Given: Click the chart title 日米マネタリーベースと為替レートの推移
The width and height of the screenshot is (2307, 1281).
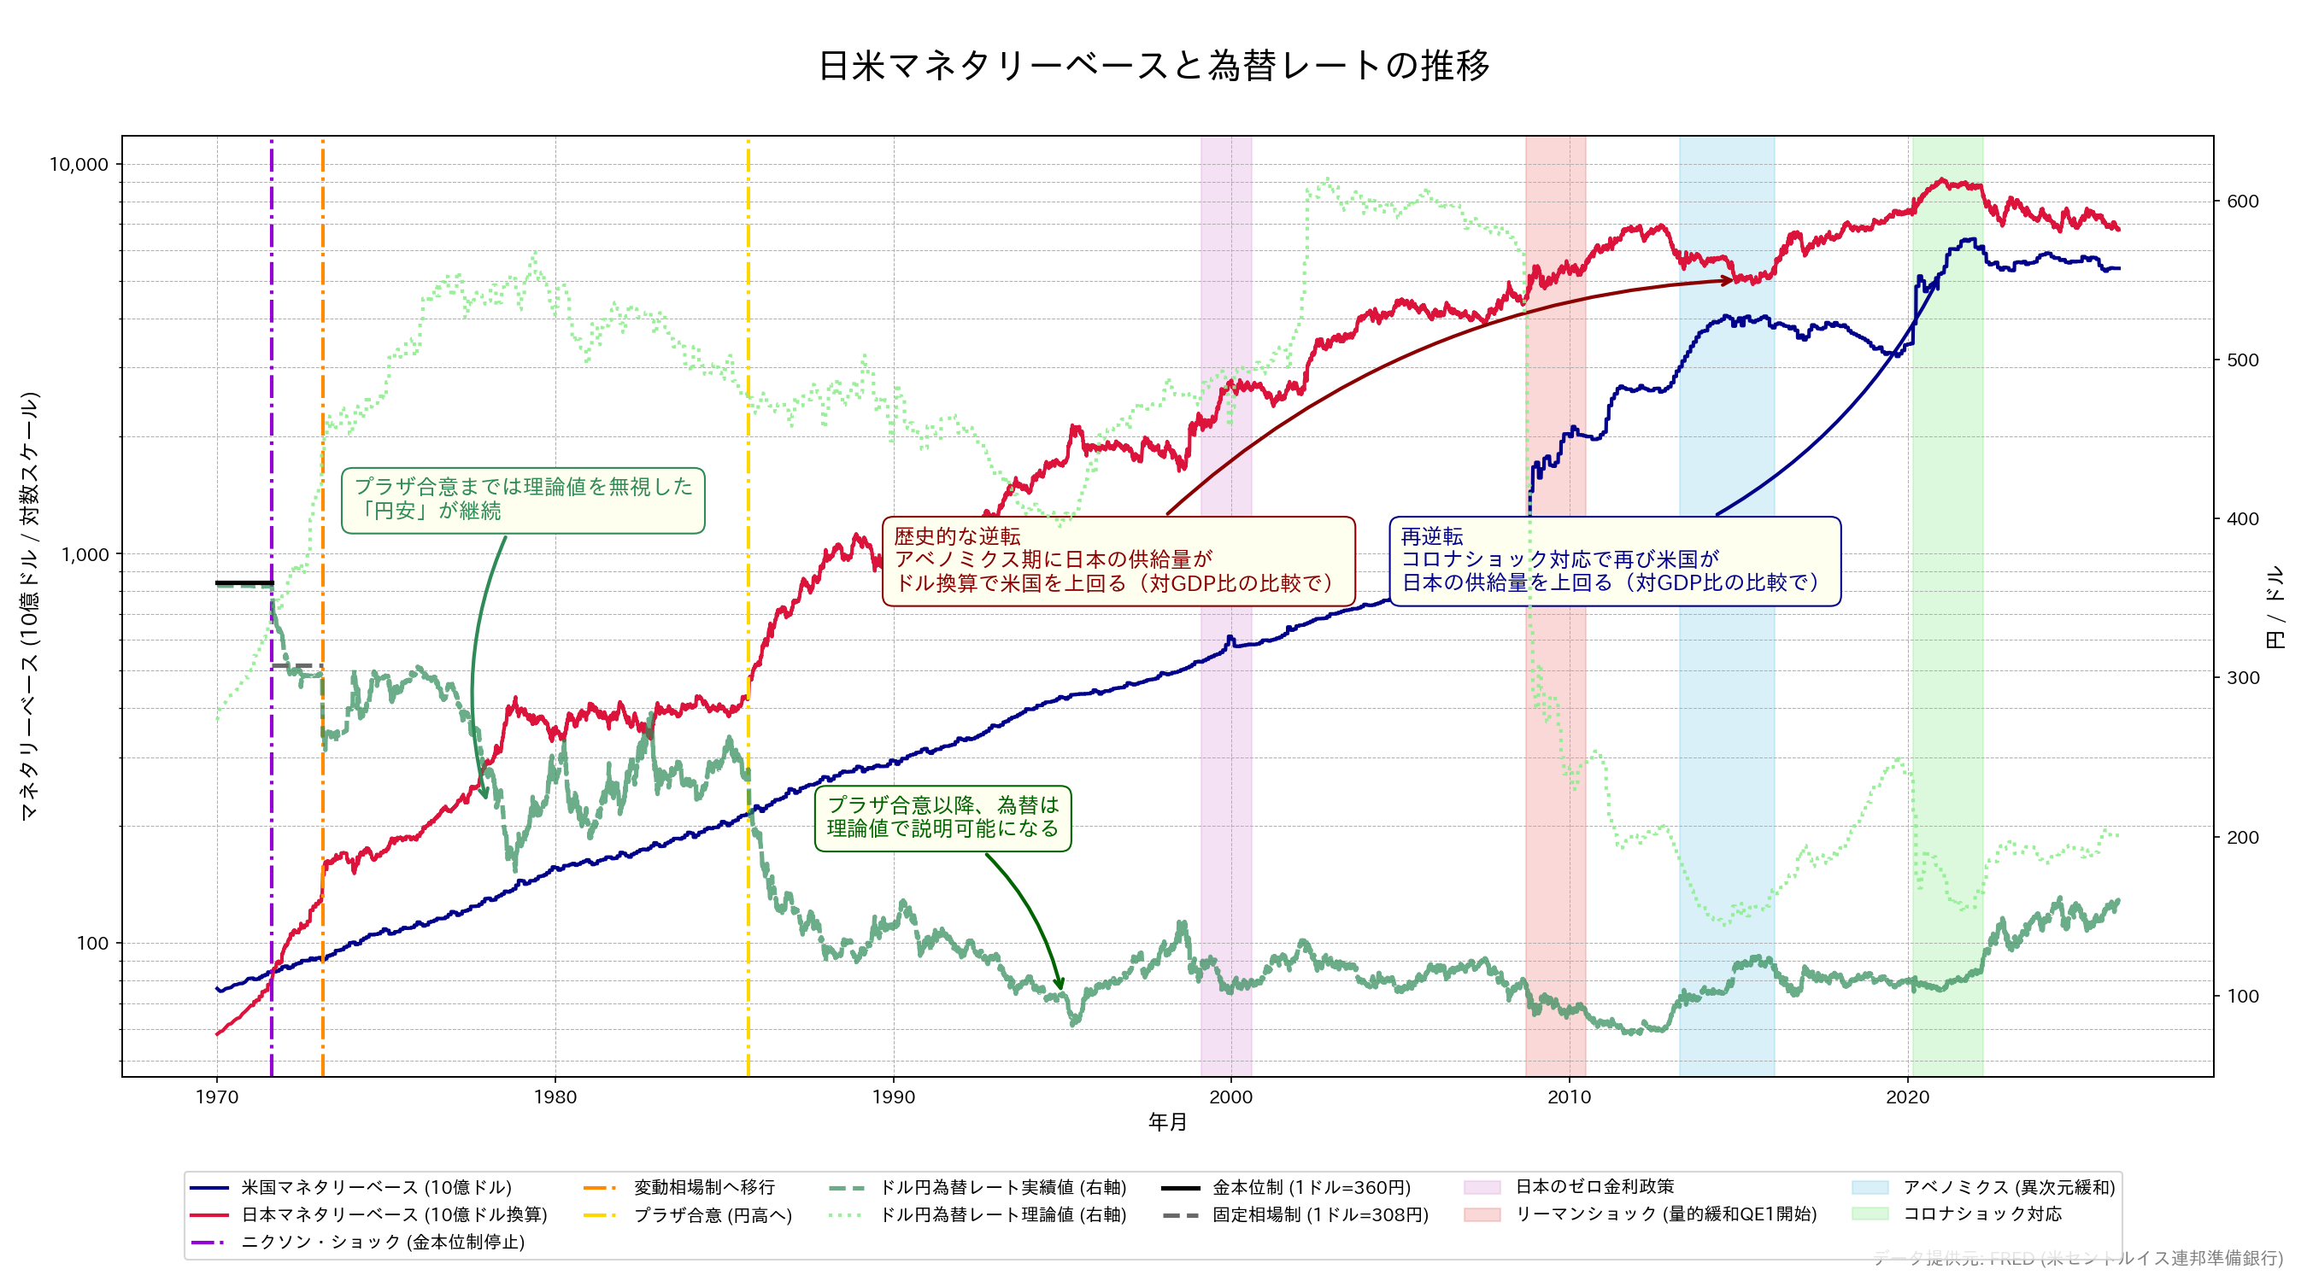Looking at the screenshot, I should pyautogui.click(x=1153, y=66).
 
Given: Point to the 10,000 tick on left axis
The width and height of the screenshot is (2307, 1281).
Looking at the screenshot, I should pyautogui.click(x=79, y=165).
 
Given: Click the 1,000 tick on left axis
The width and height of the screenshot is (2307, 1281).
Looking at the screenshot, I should pyautogui.click(x=85, y=554).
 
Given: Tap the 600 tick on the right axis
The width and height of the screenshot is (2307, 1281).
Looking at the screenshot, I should pyautogui.click(x=2243, y=202).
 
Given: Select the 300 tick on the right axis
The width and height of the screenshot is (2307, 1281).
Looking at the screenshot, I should pyautogui.click(x=2243, y=678).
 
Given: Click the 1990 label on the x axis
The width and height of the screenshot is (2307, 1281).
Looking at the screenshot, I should pyautogui.click(x=893, y=1097).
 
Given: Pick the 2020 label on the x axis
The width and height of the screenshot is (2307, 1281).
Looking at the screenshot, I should pyautogui.click(x=1908, y=1097).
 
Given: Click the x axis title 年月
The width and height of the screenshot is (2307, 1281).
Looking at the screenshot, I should pyautogui.click(x=1167, y=1121).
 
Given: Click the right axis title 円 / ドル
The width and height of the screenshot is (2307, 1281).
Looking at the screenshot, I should pyautogui.click(x=2275, y=607).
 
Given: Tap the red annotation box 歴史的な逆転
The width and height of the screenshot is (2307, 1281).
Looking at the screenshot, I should pyautogui.click(x=1118, y=560).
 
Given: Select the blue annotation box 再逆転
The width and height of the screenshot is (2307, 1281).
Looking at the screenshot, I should pyautogui.click(x=1614, y=560).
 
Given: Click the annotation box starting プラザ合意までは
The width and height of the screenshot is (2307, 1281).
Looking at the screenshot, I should pyautogui.click(x=523, y=500).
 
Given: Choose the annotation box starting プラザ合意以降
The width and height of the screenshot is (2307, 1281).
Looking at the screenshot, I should pyautogui.click(x=942, y=817).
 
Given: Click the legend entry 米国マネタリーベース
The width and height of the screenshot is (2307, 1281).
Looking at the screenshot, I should pyautogui.click(x=376, y=1187).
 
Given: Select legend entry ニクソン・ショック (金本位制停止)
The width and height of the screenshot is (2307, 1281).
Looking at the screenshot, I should pyautogui.click(x=383, y=1242).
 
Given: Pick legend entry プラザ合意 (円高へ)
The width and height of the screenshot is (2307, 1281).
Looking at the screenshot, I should pyautogui.click(x=713, y=1214).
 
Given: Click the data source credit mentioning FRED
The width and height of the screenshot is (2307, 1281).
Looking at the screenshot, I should pyautogui.click(x=2078, y=1258).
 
